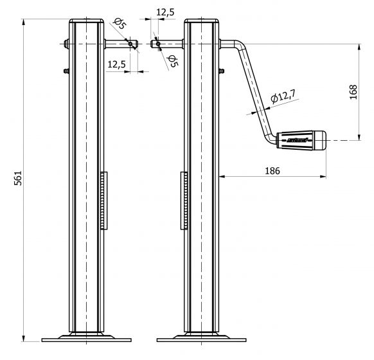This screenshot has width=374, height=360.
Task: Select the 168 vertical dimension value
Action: [352, 92]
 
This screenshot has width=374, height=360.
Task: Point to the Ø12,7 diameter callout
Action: [283, 97]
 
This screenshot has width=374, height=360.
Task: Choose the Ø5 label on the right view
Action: [172, 61]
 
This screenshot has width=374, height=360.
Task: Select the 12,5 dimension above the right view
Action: [165, 11]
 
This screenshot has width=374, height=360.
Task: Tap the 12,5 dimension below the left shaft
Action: [116, 64]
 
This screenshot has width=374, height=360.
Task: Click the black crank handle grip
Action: [301, 139]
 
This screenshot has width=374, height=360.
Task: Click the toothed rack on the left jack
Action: [103, 201]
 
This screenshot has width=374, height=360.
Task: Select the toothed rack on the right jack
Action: [184, 201]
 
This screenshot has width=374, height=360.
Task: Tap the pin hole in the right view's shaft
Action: [157, 44]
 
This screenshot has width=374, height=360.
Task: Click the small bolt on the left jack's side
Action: [66, 71]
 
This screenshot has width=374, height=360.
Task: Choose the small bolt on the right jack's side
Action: [222, 71]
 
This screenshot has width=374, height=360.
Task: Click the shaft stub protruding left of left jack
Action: [66, 44]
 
